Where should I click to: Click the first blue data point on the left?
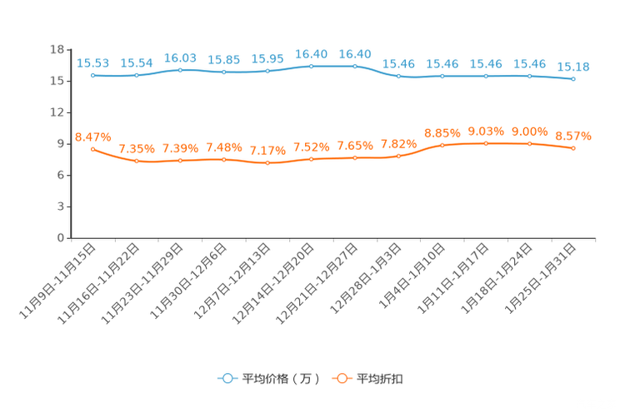click(x=92, y=76)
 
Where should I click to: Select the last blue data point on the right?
click(x=572, y=79)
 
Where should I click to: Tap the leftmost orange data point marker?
click(x=92, y=148)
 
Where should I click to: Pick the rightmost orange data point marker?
click(x=572, y=148)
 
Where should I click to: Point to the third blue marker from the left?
click(x=180, y=70)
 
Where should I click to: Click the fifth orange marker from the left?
click(x=267, y=163)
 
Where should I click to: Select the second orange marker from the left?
click(x=136, y=161)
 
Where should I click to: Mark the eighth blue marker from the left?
click(x=398, y=76)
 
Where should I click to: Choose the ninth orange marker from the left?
click(x=442, y=145)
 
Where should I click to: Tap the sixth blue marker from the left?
click(x=311, y=65)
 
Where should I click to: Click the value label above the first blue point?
click(x=92, y=63)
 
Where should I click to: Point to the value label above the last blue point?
click(x=572, y=67)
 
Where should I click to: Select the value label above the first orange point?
click(x=92, y=135)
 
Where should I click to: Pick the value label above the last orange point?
click(x=572, y=135)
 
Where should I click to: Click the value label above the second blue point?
click(x=136, y=63)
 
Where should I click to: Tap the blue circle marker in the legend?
click(x=227, y=378)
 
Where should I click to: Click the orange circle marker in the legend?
click(x=342, y=378)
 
